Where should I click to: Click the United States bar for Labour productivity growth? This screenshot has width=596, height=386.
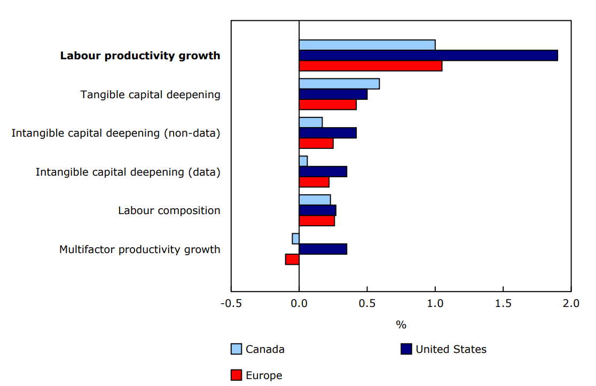point(428,56)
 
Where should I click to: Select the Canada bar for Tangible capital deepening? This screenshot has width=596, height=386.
point(339,84)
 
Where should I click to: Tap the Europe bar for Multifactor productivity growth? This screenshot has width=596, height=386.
point(292,259)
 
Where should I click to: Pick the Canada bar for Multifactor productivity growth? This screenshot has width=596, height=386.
point(295,239)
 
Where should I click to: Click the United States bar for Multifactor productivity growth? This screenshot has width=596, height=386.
point(323,249)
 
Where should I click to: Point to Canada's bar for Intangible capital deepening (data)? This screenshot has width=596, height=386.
point(303,161)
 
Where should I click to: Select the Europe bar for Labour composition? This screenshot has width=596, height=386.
point(317,220)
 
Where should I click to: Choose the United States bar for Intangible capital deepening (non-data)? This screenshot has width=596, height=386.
point(327,133)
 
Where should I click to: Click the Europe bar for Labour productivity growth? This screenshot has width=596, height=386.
point(370,66)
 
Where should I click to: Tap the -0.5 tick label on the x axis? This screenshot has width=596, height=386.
point(231,304)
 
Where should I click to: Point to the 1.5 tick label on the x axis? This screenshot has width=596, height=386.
point(503,304)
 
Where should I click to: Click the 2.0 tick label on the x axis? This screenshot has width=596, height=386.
point(571,304)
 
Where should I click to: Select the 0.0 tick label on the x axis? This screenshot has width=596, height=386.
point(299,304)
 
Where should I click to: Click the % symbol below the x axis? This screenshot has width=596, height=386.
point(401,325)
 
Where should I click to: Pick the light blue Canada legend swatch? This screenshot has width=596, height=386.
point(236,349)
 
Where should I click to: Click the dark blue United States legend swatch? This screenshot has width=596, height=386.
point(406,349)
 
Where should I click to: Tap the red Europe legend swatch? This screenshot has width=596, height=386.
point(236,375)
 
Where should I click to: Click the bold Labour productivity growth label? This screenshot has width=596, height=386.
point(140,56)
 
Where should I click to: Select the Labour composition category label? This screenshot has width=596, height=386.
point(169,210)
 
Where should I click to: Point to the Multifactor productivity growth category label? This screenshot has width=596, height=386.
point(139,249)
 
